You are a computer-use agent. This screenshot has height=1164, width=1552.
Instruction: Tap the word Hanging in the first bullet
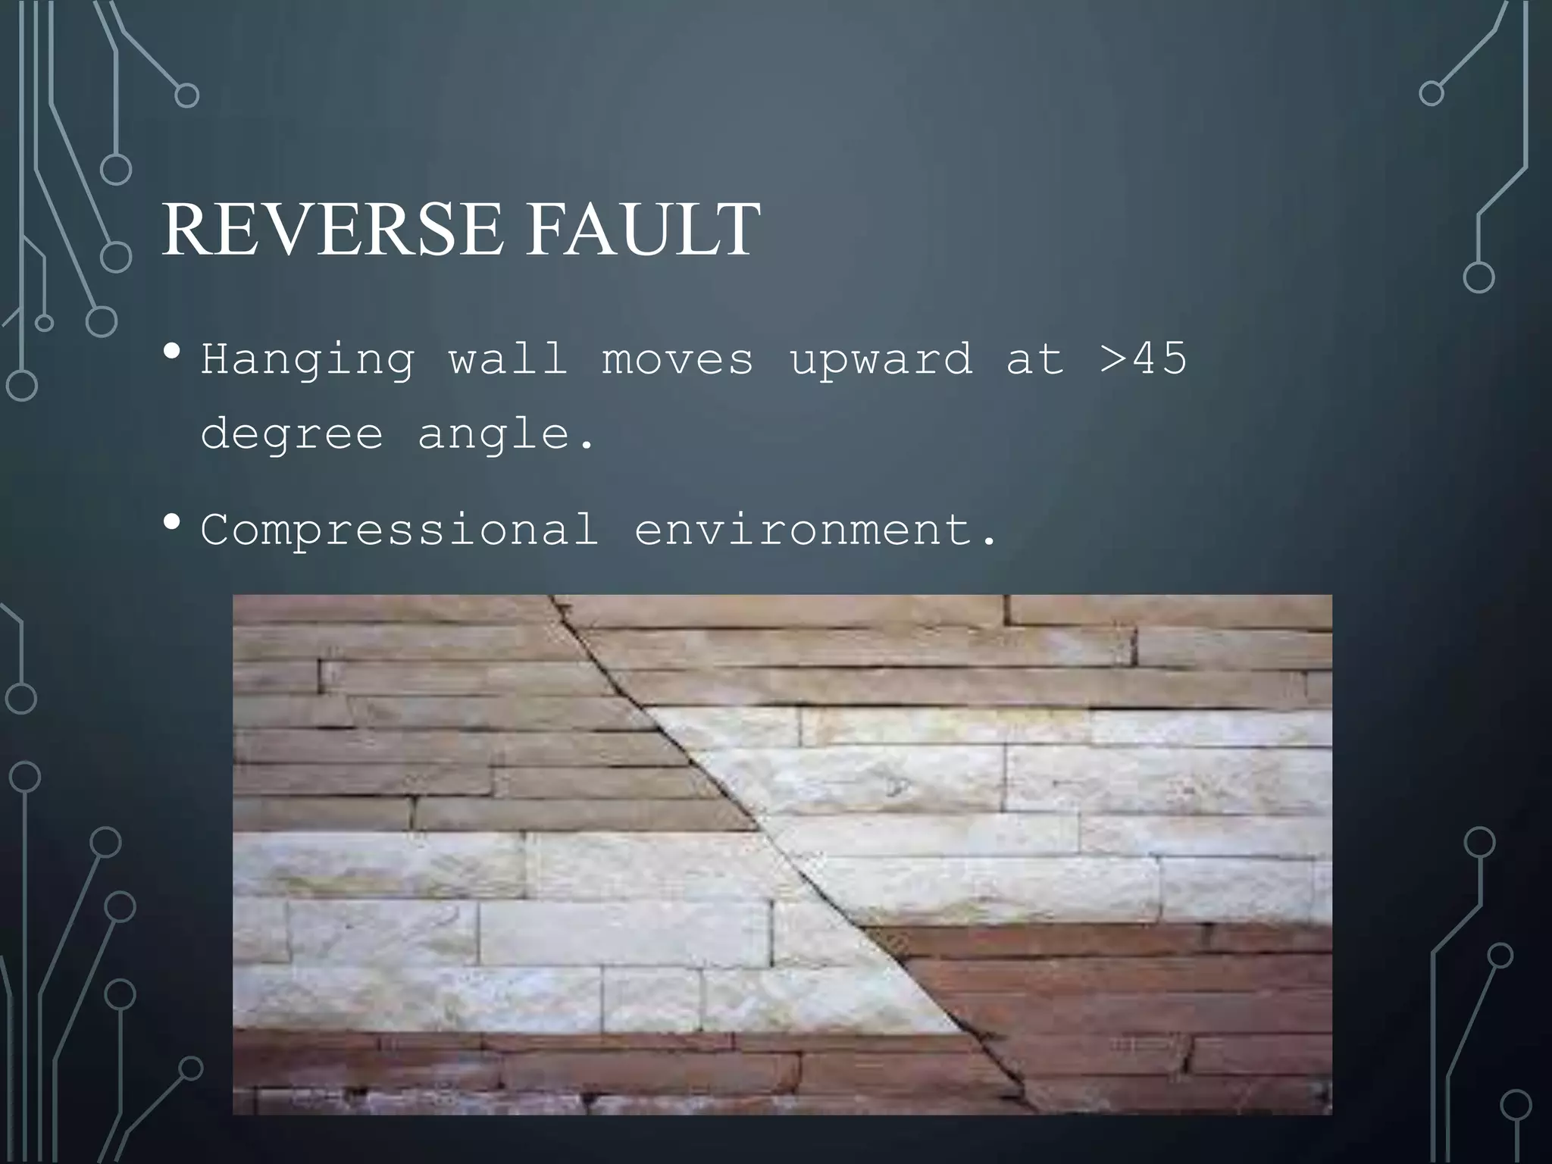tap(308, 358)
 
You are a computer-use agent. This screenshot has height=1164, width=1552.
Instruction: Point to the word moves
tap(678, 358)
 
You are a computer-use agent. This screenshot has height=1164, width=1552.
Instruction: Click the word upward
tap(881, 358)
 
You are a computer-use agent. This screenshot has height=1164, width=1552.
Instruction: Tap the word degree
tap(292, 434)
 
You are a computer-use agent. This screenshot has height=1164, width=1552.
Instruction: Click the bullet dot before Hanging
tap(172, 352)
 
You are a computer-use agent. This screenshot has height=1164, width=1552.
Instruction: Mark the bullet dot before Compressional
tap(172, 522)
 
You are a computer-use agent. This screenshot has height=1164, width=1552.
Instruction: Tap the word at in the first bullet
tap(1035, 358)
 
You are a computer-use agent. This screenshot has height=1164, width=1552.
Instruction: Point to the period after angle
tap(586, 447)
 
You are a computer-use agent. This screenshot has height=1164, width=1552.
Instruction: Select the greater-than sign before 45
tap(1112, 358)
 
